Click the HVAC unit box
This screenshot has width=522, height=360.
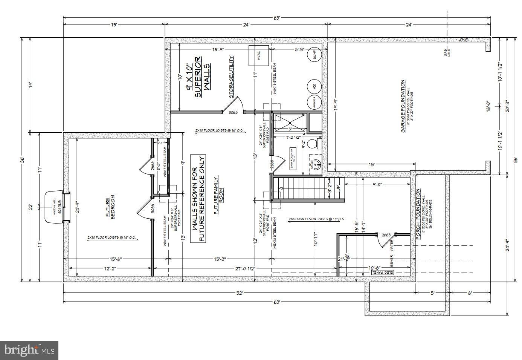(x=258, y=56)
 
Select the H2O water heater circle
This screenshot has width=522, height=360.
(x=314, y=86)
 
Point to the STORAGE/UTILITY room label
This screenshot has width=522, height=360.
(x=232, y=77)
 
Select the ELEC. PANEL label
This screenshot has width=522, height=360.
(x=383, y=272)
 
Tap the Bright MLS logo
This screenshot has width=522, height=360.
(x=29, y=350)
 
